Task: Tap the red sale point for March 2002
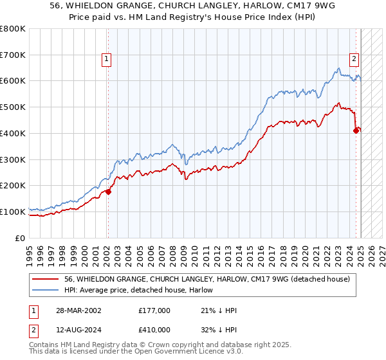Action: point(108,191)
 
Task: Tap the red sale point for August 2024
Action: point(356,130)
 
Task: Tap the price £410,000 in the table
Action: point(154,330)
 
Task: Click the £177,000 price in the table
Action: point(154,310)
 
